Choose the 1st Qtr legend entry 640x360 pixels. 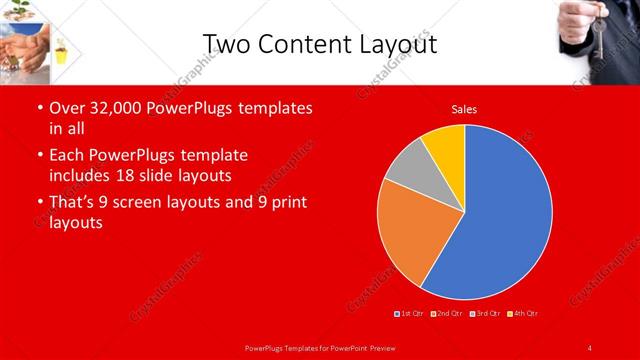pyautogui.click(x=411, y=315)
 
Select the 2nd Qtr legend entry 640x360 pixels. pyautogui.click(x=447, y=315)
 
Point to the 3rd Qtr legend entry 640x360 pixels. pyautogui.click(x=486, y=315)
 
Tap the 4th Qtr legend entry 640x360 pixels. pyautogui.click(x=523, y=315)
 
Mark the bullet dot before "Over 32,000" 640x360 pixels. pyautogui.click(x=39, y=108)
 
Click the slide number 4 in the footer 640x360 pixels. pyautogui.click(x=589, y=347)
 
